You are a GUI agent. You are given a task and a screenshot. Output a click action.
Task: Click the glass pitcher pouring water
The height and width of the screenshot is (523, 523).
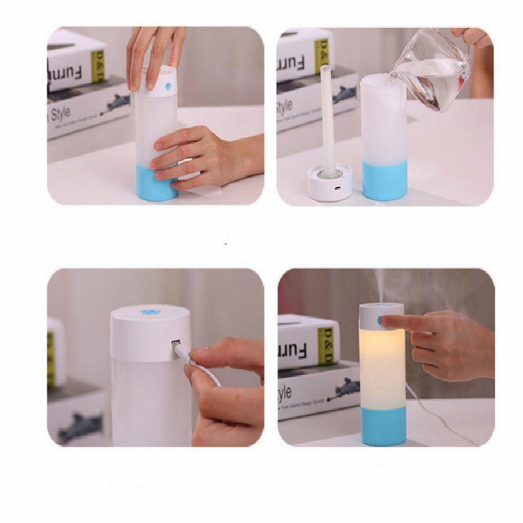[x=432, y=70]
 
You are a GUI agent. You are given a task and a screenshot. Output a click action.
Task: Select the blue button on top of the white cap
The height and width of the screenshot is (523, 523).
[x=149, y=312]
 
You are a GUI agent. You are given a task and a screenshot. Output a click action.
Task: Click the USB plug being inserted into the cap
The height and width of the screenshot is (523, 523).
[x=179, y=347]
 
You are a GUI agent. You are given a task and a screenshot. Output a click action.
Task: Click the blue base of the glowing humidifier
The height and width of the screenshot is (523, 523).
[x=382, y=425]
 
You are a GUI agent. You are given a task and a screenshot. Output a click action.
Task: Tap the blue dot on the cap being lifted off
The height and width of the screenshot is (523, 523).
[x=168, y=87]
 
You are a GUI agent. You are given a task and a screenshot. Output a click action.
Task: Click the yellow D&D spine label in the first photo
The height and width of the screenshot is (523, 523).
[x=98, y=65]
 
